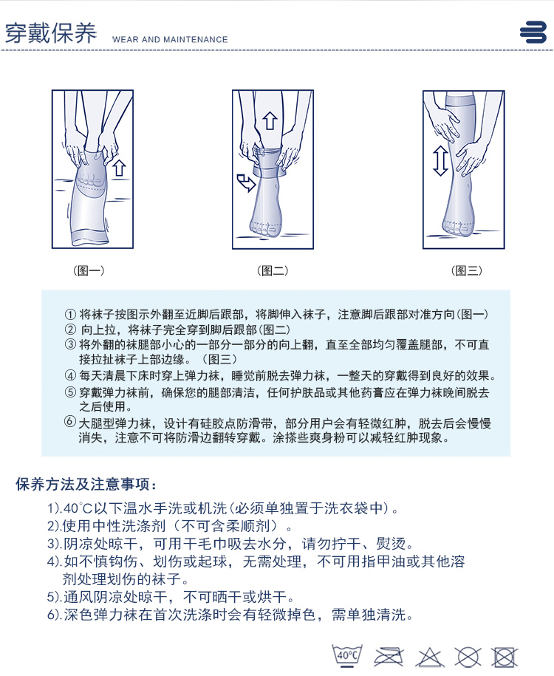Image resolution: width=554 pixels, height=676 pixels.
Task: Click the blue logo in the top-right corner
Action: coord(533,32)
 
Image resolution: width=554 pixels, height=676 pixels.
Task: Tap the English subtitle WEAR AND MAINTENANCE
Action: coord(170,39)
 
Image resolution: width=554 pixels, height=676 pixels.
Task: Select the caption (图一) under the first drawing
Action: coord(89,270)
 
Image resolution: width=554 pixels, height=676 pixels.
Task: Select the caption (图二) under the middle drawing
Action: coord(273,270)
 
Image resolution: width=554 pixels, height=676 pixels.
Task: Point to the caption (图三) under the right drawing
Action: coord(467,270)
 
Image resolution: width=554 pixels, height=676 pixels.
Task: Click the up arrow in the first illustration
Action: coord(120,168)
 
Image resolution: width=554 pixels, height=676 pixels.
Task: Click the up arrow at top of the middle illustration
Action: coord(270,120)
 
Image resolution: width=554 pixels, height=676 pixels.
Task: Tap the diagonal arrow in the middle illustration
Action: coord(246,182)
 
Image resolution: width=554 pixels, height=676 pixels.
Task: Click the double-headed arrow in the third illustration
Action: coord(440,161)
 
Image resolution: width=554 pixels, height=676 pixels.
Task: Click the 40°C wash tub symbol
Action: coord(347,655)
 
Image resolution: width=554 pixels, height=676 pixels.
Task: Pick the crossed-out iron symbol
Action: coord(389,657)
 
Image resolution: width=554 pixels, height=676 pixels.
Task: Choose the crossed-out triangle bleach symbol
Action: coord(429,658)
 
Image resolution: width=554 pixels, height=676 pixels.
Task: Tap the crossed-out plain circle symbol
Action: coord(468,658)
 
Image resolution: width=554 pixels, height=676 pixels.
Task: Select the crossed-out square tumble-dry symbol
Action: coord(505,658)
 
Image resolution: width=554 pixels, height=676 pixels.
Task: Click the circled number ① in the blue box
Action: coord(70,315)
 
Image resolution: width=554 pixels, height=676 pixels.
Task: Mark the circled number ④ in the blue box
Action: coord(70,375)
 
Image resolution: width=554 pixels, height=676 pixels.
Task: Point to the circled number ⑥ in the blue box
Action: coord(70,422)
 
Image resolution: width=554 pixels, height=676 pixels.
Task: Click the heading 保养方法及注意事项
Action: coord(86,484)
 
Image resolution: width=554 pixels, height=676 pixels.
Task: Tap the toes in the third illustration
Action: coord(456,228)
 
